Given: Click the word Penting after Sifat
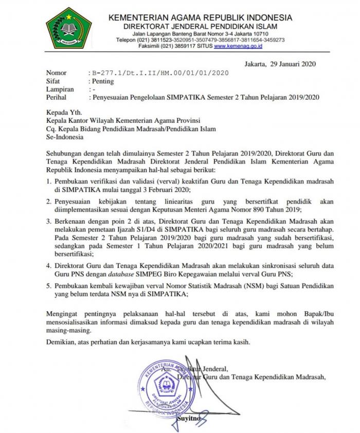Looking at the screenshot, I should coord(102,81).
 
